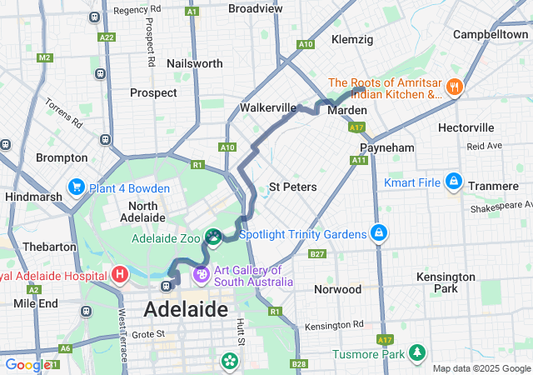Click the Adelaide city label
186,310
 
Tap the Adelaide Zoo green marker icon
213,238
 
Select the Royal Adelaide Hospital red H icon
120,273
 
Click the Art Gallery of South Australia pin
201,274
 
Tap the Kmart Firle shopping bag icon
453,180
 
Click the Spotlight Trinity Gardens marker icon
379,232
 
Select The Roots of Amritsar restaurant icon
454,87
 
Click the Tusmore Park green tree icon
415,354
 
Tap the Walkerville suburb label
268,108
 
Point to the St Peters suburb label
292,187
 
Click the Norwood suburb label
338,289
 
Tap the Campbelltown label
491,34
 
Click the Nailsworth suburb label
195,63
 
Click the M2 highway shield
44,57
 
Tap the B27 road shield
317,253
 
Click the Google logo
27,364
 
